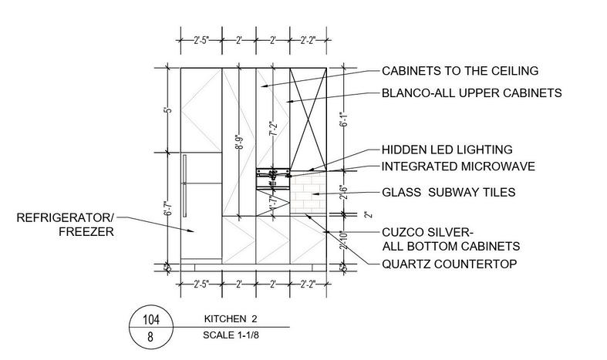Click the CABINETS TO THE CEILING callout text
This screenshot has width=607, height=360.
pyautogui.click(x=460, y=72)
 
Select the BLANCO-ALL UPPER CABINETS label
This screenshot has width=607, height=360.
pyautogui.click(x=470, y=93)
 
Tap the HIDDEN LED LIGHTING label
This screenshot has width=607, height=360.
pyautogui.click(x=447, y=150)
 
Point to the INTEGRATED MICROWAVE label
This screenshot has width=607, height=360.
pyautogui.click(x=459, y=166)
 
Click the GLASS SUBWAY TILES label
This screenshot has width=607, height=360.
pyautogui.click(x=450, y=193)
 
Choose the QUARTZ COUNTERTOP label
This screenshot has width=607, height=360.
pyautogui.click(x=449, y=264)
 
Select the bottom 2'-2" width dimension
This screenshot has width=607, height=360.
pyautogui.click(x=308, y=282)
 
